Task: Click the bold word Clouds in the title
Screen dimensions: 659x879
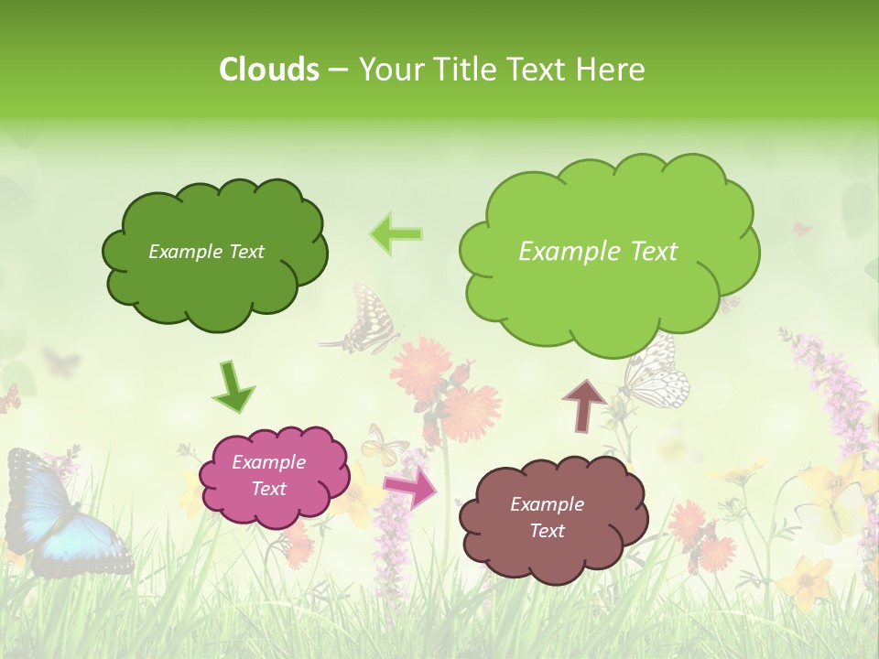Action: click(269, 70)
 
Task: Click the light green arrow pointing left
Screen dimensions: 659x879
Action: click(396, 233)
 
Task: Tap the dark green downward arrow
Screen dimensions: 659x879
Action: click(233, 387)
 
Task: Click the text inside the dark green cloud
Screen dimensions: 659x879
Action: click(206, 252)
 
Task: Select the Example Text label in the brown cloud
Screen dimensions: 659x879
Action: click(547, 517)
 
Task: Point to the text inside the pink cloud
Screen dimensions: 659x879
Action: click(268, 475)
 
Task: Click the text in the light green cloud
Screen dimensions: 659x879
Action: click(598, 252)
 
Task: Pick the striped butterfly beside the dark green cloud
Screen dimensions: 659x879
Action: click(367, 321)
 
